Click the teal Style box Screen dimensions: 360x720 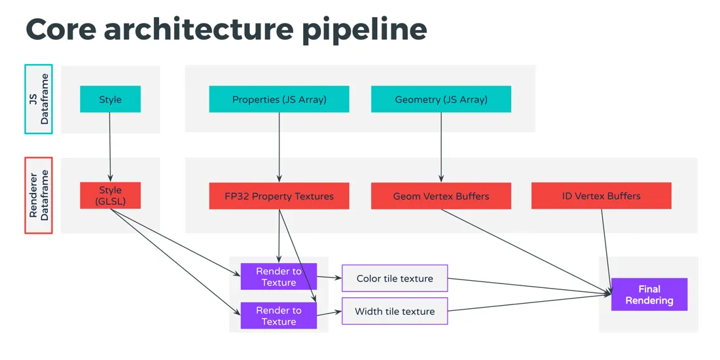(110, 99)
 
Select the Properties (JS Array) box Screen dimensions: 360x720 (279, 99)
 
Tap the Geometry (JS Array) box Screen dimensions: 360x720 (441, 99)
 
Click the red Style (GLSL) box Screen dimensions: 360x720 (110, 196)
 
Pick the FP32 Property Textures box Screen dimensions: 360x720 (279, 196)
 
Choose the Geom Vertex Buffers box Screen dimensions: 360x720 (441, 196)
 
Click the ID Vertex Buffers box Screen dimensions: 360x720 (601, 196)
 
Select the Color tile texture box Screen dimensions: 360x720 (395, 278)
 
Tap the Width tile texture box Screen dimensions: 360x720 (395, 311)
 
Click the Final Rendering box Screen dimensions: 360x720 (649, 295)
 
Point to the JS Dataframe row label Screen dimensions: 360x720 (38, 99)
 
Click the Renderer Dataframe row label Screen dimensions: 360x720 (38, 195)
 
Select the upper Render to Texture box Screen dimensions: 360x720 (279, 276)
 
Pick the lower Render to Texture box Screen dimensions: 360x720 (279, 315)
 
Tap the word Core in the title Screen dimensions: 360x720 (60, 30)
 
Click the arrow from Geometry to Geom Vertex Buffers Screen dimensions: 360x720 (441, 147)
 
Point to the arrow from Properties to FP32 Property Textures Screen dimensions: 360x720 (279, 147)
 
